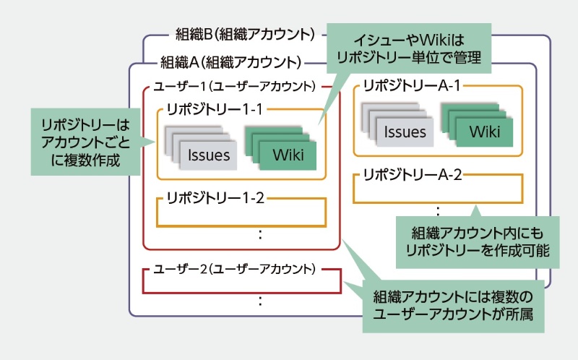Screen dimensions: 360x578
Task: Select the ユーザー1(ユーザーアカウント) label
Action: pos(235,86)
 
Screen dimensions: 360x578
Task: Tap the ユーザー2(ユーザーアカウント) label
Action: pos(235,269)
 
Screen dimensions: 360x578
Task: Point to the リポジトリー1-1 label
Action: pos(213,109)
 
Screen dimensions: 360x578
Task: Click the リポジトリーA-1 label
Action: pos(411,85)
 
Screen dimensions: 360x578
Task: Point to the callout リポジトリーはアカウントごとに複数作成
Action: pos(85,141)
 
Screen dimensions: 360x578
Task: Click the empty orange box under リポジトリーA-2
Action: pos(438,191)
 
